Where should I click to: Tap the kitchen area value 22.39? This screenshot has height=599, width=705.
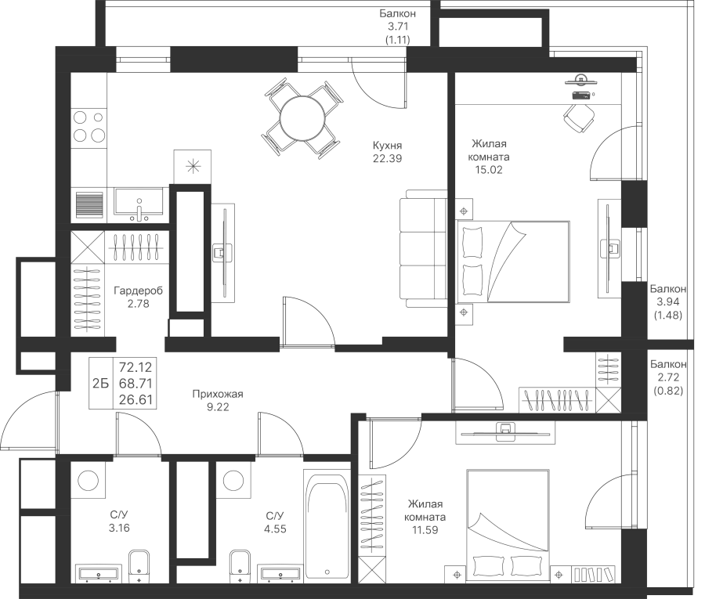[387, 158]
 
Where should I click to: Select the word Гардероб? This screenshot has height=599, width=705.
[138, 290]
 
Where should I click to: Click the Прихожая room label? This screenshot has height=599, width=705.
[218, 394]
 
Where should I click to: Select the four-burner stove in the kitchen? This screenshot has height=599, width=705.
[89, 127]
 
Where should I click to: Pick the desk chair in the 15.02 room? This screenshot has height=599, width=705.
[579, 117]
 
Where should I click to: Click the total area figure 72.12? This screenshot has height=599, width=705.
[136, 367]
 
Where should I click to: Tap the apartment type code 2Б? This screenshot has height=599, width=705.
[101, 384]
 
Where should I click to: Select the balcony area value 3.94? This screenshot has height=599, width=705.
[667, 301]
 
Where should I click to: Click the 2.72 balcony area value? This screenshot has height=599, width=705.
[667, 377]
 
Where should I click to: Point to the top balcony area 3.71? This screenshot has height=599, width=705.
[397, 26]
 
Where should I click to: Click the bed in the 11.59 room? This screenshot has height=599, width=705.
[508, 525]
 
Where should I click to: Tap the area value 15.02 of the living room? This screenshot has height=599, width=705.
[489, 170]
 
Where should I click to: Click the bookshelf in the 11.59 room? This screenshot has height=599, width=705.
[594, 574]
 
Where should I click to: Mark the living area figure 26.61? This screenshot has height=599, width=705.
[136, 399]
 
